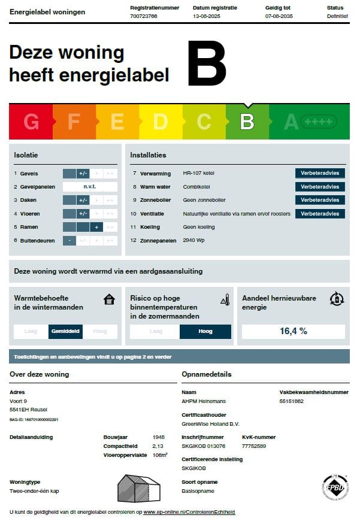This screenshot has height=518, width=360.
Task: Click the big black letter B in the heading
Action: [207, 63]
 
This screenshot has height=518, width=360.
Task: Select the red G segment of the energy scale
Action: [31, 122]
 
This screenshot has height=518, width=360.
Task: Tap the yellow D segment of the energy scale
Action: [160, 122]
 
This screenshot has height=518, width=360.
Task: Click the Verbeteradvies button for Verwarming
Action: [320, 173]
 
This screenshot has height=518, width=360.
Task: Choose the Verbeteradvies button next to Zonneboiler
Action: [320, 200]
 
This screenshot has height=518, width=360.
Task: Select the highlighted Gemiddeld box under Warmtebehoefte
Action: [65, 331]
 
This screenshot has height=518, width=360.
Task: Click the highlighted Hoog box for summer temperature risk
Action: [205, 331]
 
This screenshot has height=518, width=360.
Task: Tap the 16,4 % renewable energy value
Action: [294, 331]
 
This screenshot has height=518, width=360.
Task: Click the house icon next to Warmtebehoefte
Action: [109, 299]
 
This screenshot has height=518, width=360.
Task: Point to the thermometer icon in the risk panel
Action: [225, 299]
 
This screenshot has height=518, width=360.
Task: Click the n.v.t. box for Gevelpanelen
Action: [90, 187]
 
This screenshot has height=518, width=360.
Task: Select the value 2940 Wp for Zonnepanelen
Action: [194, 240]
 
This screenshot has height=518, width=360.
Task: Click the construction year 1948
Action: [158, 438]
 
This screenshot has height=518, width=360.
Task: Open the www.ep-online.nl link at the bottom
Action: [189, 513]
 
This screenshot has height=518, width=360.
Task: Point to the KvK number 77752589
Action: [254, 446]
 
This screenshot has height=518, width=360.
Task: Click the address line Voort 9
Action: [19, 401]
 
